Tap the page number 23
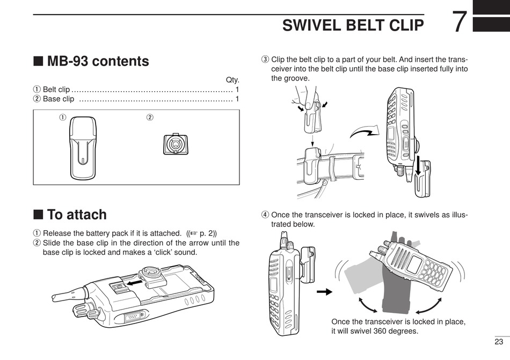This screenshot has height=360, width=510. [x=499, y=341]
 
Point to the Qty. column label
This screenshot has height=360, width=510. [x=232, y=80]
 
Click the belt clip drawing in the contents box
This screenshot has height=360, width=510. [x=83, y=148]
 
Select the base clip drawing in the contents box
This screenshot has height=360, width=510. [x=176, y=144]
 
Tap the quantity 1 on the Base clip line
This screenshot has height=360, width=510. [x=237, y=99]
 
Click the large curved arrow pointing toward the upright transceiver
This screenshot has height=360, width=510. [x=365, y=131]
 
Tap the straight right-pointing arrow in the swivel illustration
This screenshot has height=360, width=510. [x=324, y=292]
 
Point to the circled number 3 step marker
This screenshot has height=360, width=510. [x=265, y=60]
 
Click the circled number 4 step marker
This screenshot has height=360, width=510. [x=265, y=215]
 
